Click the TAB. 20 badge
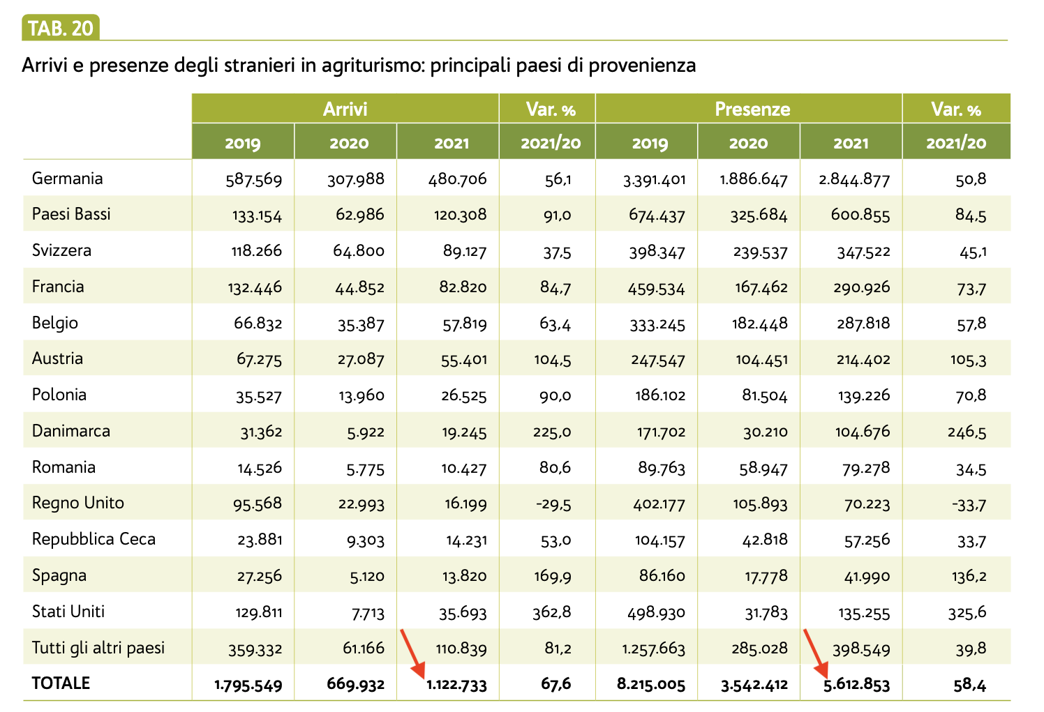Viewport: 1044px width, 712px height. (x=61, y=28)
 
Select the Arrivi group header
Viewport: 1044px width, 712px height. (x=345, y=109)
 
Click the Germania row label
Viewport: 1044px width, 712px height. (x=68, y=179)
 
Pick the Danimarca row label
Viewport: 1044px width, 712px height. (x=71, y=431)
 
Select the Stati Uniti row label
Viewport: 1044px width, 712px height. (x=68, y=612)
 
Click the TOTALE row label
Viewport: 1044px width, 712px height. (x=61, y=683)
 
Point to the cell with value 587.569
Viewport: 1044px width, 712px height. (x=254, y=180)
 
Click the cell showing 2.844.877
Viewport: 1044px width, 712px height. (x=854, y=180)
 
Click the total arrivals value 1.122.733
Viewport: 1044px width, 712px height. (x=456, y=685)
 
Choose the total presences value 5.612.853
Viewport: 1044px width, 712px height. (x=857, y=685)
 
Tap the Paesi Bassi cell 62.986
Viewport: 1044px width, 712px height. (x=359, y=215)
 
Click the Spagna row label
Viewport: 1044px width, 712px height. (x=59, y=576)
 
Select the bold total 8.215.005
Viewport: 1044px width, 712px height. (x=651, y=685)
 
